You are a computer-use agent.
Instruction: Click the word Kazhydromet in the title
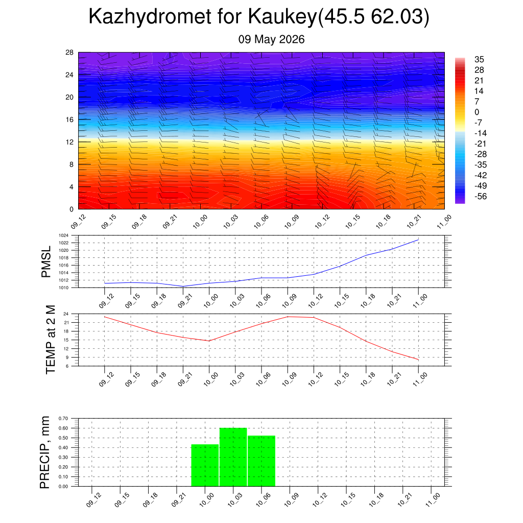tap(150, 17)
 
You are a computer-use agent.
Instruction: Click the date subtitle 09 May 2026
tap(271, 39)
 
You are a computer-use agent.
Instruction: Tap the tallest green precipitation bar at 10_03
tap(233, 457)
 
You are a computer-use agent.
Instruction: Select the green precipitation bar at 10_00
tap(205, 465)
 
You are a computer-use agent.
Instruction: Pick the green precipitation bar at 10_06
tap(261, 461)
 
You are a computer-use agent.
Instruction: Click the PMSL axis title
tap(46, 262)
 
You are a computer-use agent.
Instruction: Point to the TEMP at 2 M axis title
tap(51, 340)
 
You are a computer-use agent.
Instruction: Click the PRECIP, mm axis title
tap(44, 453)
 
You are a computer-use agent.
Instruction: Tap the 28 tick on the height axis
tap(69, 53)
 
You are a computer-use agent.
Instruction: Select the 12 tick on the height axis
tap(69, 142)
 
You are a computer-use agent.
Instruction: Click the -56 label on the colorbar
tap(481, 197)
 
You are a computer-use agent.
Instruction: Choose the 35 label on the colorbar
tap(479, 59)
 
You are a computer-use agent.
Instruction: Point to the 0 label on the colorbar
tap(477, 112)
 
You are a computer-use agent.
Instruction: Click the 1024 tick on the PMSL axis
tap(64, 235)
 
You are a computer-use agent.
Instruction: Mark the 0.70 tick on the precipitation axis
tap(63, 418)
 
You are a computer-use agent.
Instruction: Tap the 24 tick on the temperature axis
tap(66, 314)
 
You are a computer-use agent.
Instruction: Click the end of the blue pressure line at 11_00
tap(418, 240)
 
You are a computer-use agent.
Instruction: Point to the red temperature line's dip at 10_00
tap(209, 341)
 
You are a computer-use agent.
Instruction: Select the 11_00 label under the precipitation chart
tap(433, 500)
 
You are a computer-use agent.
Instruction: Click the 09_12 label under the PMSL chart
tap(106, 300)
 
